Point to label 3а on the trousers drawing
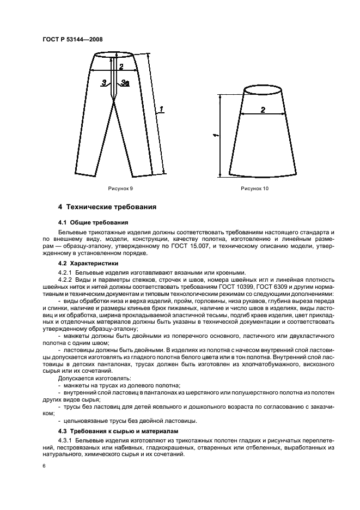pos(125,83)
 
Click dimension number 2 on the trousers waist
pos(121,66)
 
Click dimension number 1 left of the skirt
pos(216,134)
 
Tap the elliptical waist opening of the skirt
pos(263,90)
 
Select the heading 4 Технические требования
pos(107,207)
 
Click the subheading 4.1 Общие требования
pos(93,222)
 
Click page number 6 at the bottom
pos(42,467)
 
